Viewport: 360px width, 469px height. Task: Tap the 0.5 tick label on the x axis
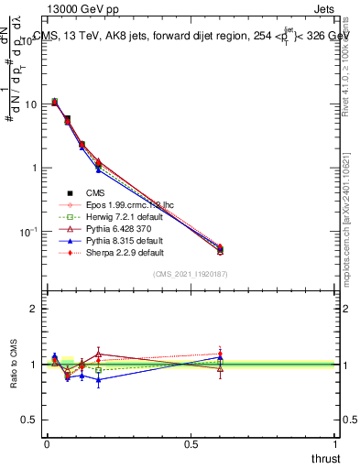[x=191, y=444]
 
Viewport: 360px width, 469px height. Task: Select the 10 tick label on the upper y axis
[x=28, y=104]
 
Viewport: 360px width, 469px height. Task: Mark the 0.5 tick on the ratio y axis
[x=28, y=420]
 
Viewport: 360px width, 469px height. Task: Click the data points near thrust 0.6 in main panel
[x=220, y=249]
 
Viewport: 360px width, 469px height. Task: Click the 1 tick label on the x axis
[x=335, y=444]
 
